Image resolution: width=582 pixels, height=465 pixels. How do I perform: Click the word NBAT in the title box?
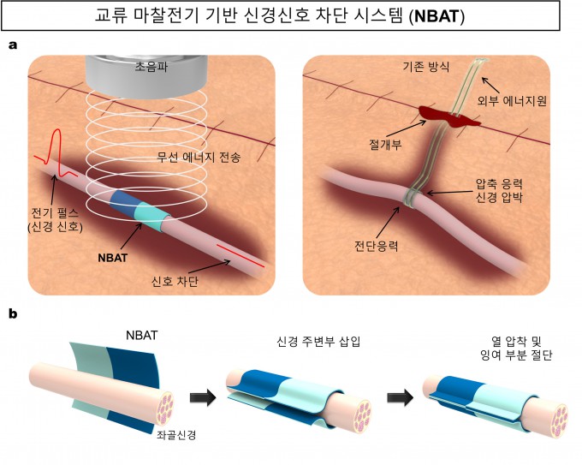436,16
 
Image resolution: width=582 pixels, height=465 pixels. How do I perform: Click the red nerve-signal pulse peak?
56,130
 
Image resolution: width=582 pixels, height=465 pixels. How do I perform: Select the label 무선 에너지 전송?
199,158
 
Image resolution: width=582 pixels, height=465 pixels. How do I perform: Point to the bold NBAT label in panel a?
113,258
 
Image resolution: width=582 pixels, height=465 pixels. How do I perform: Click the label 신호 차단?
175,281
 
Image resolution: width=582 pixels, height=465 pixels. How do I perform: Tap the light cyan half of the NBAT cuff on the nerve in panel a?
151,218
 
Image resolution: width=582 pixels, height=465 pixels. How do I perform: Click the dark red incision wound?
449,116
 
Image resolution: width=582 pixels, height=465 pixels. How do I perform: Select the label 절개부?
385,144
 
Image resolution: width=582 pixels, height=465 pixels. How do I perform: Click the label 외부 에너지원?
512,101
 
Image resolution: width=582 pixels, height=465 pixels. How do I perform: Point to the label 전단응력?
376,246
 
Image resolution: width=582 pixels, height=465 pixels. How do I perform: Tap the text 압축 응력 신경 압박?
499,190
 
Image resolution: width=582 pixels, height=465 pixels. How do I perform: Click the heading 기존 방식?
426,67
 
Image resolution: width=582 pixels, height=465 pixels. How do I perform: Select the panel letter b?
13,314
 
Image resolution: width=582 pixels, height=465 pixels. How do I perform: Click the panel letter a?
13,45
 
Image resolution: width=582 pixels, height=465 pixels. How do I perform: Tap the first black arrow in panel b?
203,397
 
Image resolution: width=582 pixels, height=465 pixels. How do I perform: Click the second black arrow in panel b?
401,397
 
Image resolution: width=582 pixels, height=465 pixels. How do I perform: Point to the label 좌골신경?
176,435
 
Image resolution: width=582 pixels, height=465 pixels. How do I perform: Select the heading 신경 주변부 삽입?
318,342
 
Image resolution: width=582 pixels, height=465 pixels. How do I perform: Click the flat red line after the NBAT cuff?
241,255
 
